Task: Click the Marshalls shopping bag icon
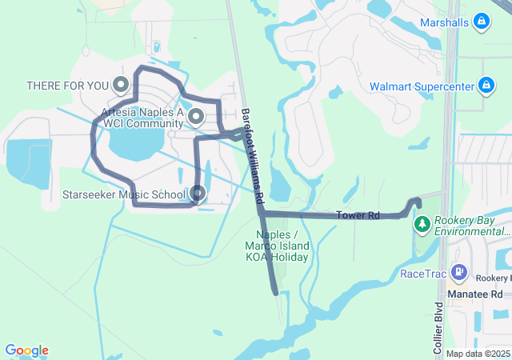tap(482, 22)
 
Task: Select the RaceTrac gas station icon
tap(458, 273)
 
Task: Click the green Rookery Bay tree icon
tap(422, 225)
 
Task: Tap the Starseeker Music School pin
tap(198, 194)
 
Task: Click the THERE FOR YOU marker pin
tap(121, 84)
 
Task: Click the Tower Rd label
tap(357, 215)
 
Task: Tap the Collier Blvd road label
tap(438, 328)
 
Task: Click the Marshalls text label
tap(443, 22)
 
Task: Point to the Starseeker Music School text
tap(124, 194)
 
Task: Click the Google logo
tap(26, 350)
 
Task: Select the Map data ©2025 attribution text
tap(478, 354)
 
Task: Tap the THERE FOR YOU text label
tap(68, 85)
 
